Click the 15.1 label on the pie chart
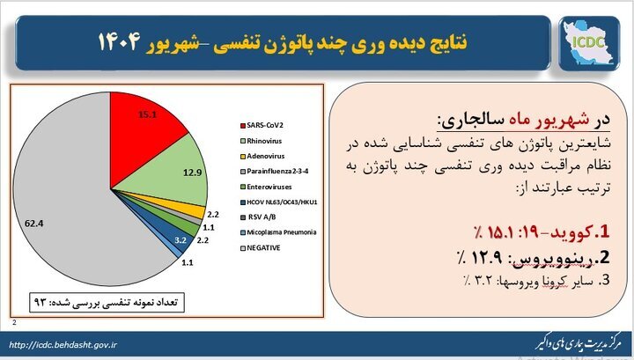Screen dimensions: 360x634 (x=148, y=114)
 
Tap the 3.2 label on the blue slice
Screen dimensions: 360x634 (x=180, y=239)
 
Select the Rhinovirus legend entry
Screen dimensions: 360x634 (x=263, y=140)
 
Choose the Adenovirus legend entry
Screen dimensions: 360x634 (x=264, y=157)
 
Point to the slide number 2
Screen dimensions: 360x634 (x=15, y=323)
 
